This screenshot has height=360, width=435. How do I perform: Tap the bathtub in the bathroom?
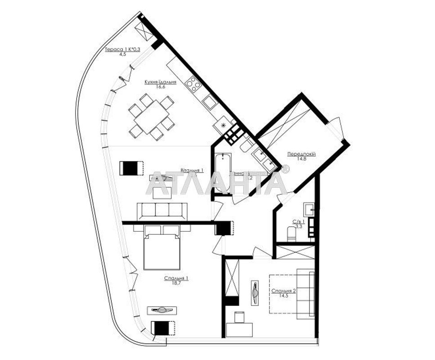(x=222, y=173)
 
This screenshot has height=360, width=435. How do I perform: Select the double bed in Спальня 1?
(x=162, y=250)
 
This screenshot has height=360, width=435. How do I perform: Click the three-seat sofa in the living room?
(x=162, y=211)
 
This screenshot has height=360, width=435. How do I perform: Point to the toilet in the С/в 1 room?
(x=291, y=233)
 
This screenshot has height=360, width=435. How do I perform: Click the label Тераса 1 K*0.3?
(x=122, y=49)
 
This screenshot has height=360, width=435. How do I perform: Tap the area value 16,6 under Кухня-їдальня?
(x=160, y=87)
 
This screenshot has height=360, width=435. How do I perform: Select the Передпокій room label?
(x=301, y=154)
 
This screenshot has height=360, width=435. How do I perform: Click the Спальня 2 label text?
(x=283, y=291)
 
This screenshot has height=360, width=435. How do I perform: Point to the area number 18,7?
(x=175, y=283)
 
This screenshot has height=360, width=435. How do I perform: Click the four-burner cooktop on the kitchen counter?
(x=194, y=84)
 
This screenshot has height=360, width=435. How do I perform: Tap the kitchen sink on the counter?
(x=210, y=102)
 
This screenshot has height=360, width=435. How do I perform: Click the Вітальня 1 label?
(x=192, y=171)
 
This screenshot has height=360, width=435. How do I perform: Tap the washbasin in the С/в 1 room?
(x=309, y=209)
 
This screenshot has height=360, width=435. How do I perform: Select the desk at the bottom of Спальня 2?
(x=239, y=330)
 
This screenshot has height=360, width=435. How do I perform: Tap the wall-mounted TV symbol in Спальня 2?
(x=255, y=294)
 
